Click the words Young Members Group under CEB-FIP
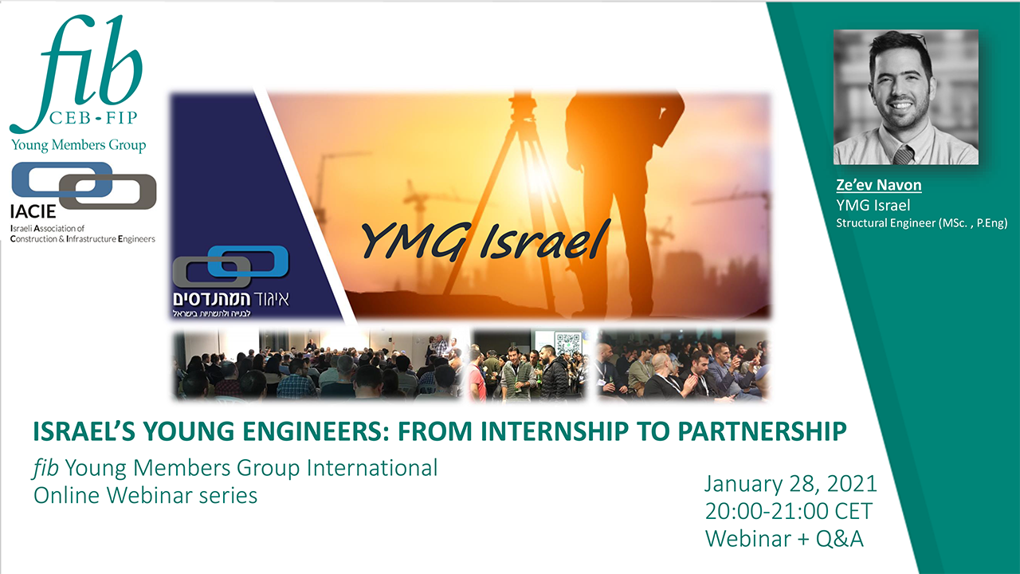(x=78, y=145)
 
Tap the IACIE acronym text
(x=33, y=211)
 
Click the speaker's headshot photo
(x=906, y=97)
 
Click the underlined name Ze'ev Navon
(x=878, y=185)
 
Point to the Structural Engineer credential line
(x=922, y=223)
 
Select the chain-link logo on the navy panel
(x=230, y=266)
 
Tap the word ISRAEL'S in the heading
(x=84, y=431)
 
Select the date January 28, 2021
(x=790, y=484)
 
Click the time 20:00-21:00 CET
(x=789, y=511)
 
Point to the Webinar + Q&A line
(x=784, y=539)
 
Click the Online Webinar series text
(x=145, y=496)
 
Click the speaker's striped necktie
(x=904, y=155)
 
